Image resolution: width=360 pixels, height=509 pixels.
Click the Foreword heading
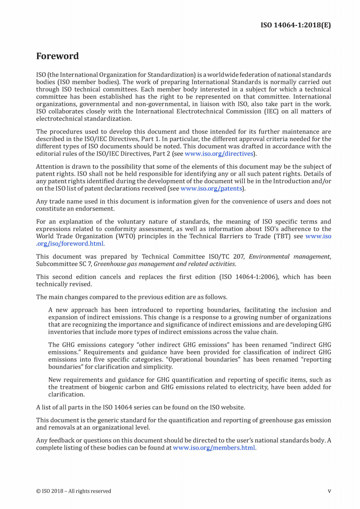pos(57,56)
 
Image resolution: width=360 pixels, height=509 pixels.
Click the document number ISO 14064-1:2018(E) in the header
pos(295,25)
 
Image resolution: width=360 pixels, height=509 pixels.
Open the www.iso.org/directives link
pos(219,153)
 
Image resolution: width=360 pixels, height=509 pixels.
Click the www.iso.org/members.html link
pos(214,447)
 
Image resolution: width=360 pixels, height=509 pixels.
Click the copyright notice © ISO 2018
pos(73,491)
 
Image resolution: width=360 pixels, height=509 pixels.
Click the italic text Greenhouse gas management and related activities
pos(164,264)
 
